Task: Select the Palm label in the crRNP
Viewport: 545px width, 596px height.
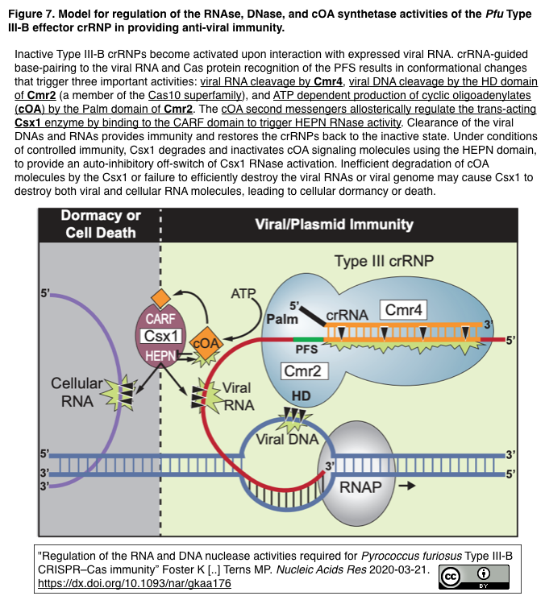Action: coord(282,319)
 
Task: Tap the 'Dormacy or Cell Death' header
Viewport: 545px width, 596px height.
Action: coord(101,224)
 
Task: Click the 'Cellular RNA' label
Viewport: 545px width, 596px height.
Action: coord(77,391)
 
